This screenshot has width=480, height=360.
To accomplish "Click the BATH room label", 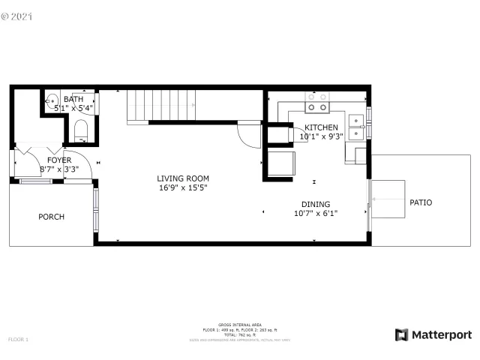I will point(73,99).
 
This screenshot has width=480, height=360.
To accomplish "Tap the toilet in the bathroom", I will point(82,133).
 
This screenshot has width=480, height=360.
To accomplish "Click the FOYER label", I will point(59,160).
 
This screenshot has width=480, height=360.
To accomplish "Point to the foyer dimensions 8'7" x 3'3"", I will point(59,169).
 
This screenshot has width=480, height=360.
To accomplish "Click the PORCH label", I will point(51,217).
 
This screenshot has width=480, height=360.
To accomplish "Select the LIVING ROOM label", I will point(183,178).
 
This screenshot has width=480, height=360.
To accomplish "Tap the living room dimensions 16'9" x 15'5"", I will point(183,187).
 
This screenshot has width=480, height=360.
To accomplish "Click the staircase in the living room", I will point(162,104).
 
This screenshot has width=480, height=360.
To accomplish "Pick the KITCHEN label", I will point(320,127).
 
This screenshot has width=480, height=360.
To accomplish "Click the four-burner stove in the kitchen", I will point(316,101).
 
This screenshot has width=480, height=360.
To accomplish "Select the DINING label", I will point(315,204).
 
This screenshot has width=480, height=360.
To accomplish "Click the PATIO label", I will point(421,202).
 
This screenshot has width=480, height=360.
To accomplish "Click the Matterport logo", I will point(433,334).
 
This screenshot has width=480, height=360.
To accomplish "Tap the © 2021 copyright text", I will point(18,14).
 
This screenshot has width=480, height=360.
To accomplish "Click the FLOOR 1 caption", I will point(17,340).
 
